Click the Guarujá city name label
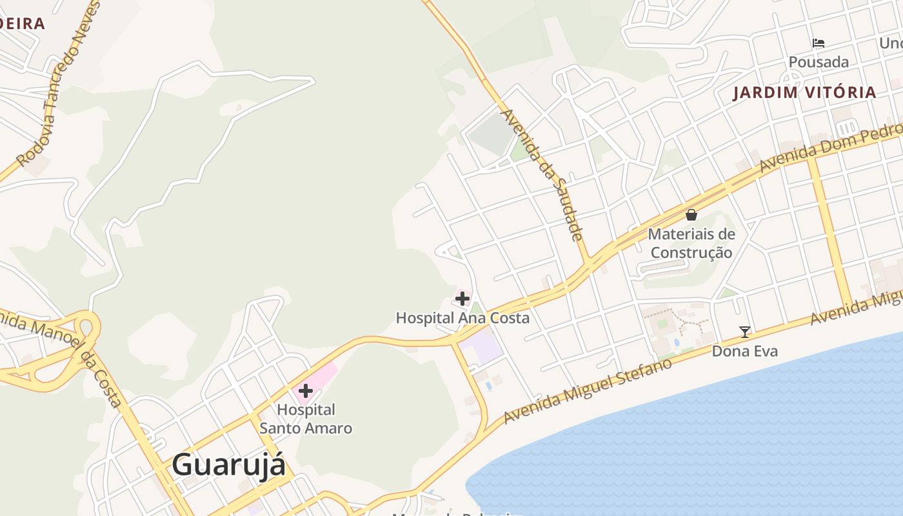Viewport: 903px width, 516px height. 228,465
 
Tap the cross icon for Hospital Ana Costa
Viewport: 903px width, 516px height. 462,299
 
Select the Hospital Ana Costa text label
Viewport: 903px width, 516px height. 462,318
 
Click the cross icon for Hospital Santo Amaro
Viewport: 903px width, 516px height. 306,391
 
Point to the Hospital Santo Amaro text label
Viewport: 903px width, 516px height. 306,419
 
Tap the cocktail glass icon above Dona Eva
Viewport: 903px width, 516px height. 745,332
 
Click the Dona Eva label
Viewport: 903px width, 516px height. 745,352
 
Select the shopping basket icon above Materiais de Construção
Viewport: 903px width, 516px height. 691,215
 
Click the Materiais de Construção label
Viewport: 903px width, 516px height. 691,243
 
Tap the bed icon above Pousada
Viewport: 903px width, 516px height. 819,43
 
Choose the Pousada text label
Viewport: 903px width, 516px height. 819,63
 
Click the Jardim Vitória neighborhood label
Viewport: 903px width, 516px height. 805,92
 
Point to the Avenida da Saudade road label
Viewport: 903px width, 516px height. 543,174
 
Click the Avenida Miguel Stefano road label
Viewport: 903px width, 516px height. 588,392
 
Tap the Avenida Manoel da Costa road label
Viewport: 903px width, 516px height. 61,355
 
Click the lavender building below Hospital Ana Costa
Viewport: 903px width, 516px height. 486,347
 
